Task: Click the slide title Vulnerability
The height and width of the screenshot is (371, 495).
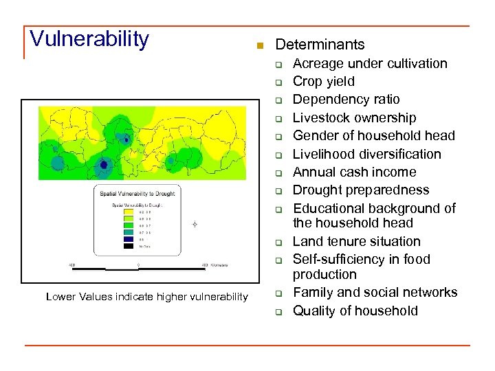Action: tap(89, 39)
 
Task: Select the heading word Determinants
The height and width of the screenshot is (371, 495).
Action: tap(320, 45)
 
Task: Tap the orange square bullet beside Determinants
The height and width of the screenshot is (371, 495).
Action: tap(259, 46)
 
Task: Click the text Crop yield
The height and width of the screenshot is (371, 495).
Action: tap(324, 82)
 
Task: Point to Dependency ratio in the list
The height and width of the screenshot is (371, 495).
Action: tap(346, 100)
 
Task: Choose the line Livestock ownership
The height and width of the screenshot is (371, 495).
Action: tap(354, 118)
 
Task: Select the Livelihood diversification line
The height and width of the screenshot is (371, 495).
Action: tap(367, 154)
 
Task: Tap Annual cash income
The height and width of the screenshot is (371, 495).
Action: tap(354, 172)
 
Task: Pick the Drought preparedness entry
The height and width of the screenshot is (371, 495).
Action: tap(361, 190)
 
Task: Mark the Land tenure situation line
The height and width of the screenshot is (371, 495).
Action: tap(356, 241)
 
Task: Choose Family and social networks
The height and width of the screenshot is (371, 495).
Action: tap(375, 292)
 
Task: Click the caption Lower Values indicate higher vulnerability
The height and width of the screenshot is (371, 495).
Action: tap(146, 296)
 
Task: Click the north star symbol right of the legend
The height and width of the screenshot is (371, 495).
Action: tap(195, 225)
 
